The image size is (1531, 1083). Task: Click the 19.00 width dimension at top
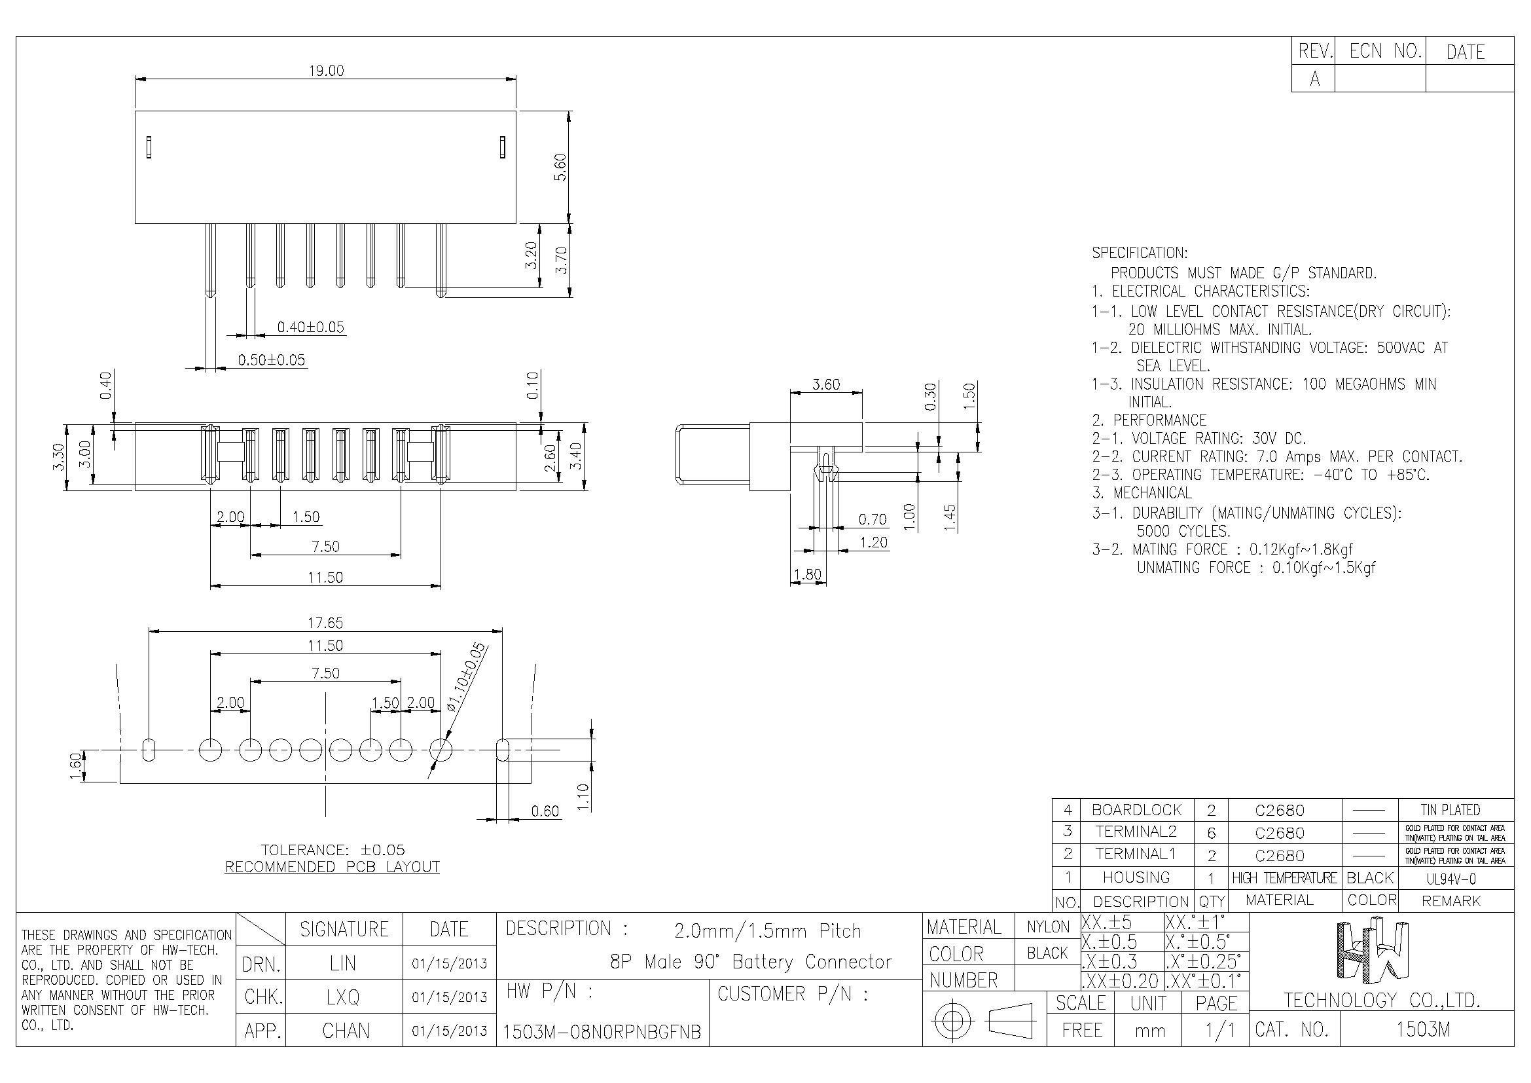coord(326,71)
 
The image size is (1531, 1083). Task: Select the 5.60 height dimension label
coord(560,167)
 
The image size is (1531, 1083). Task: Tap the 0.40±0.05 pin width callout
coord(311,327)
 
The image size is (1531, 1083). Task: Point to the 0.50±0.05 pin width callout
coord(272,360)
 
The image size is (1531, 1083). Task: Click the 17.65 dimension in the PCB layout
coord(325,623)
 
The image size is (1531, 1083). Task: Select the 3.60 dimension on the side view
coord(826,384)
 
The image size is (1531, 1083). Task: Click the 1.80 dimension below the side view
coord(808,574)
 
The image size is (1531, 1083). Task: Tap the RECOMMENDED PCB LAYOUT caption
coord(332,867)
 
